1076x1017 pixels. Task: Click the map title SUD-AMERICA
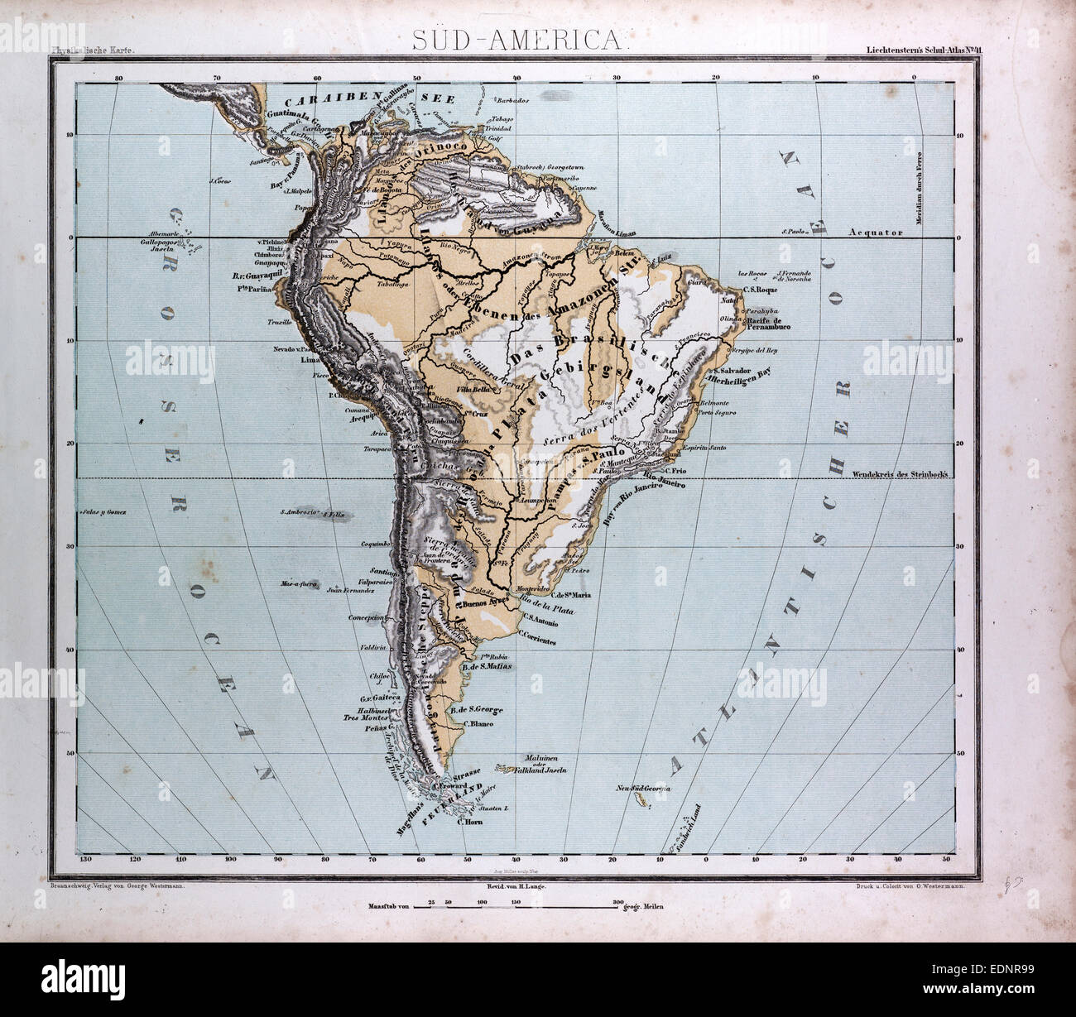coord(518,41)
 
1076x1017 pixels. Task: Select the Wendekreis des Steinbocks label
coord(899,474)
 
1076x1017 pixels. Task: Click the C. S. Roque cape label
coord(758,290)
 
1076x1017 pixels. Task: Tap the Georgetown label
coord(545,166)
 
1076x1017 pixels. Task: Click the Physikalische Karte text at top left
coord(91,52)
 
